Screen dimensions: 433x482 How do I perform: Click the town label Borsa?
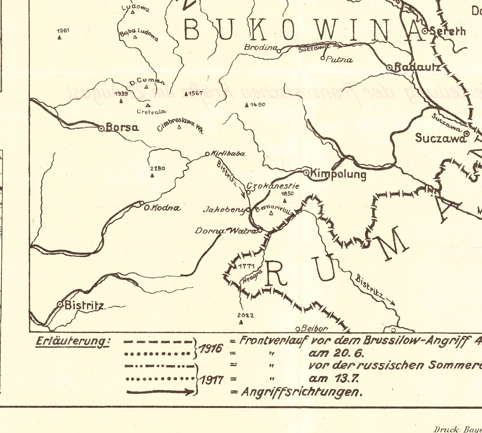click(122, 127)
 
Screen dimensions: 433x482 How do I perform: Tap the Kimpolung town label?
click(338, 173)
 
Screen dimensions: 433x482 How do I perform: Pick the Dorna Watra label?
click(226, 231)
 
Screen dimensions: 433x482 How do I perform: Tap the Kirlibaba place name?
click(228, 154)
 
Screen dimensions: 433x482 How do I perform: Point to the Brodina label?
click(260, 47)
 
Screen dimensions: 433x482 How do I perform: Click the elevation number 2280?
click(157, 169)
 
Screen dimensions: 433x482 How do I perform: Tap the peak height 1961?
click(63, 30)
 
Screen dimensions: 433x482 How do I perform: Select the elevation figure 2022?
click(246, 315)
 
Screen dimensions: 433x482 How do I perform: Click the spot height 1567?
click(195, 93)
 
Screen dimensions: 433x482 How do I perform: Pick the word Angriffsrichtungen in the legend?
click(302, 392)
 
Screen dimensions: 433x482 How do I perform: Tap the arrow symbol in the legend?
click(160, 392)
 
